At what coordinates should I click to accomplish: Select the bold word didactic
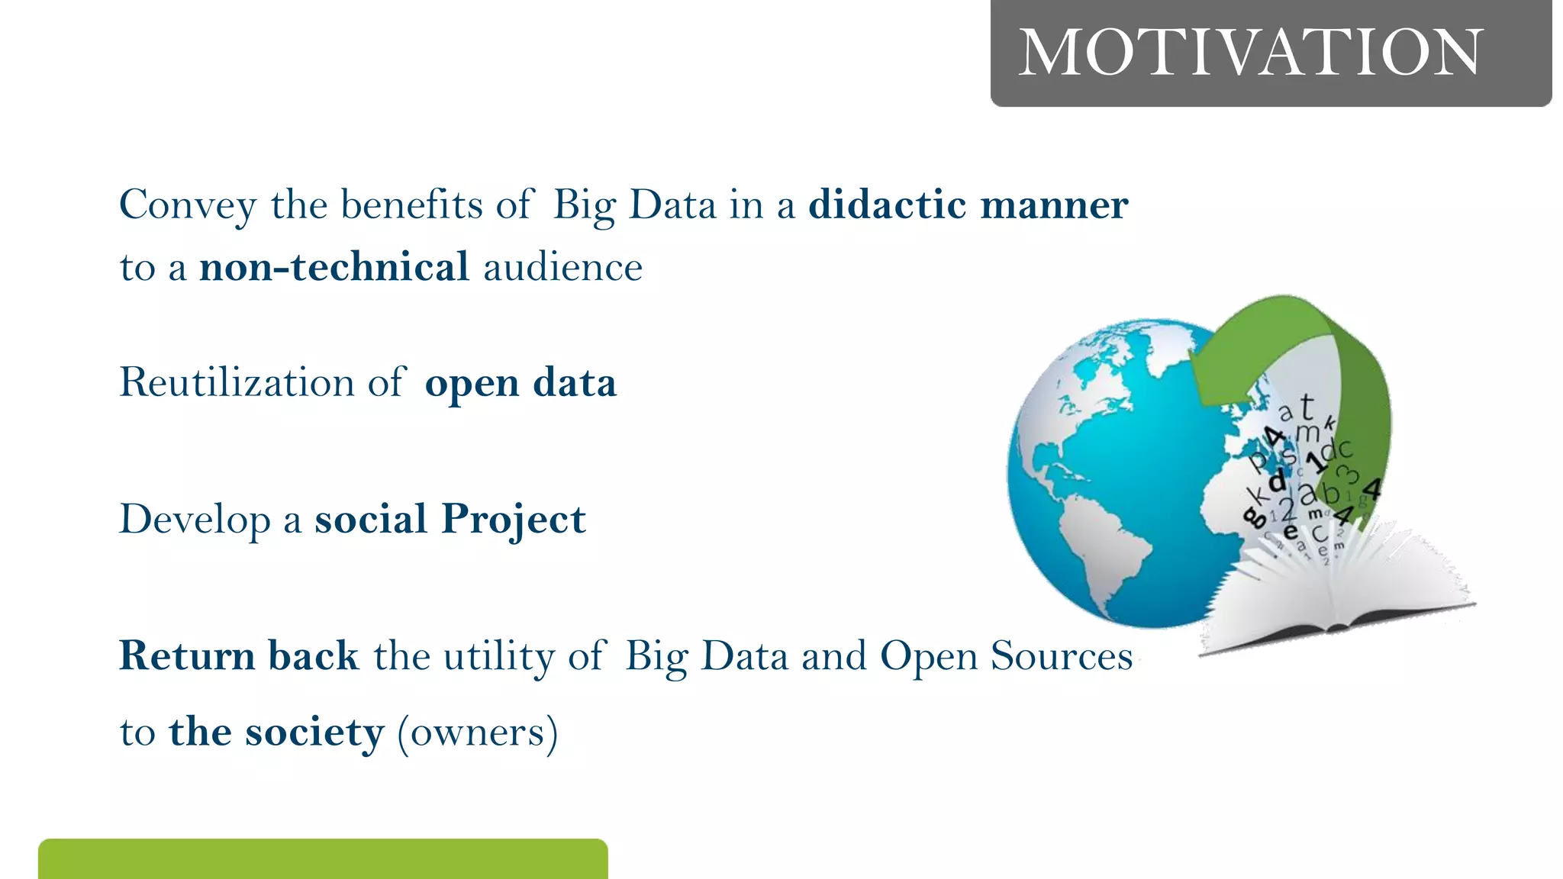[887, 204]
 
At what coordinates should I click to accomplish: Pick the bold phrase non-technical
[334, 267]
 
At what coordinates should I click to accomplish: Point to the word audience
[562, 268]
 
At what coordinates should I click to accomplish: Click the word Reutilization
[237, 382]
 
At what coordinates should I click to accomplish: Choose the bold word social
[370, 519]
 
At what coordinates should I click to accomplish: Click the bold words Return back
[239, 655]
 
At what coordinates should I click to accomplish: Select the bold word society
[314, 732]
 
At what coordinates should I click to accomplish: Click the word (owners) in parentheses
[478, 732]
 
